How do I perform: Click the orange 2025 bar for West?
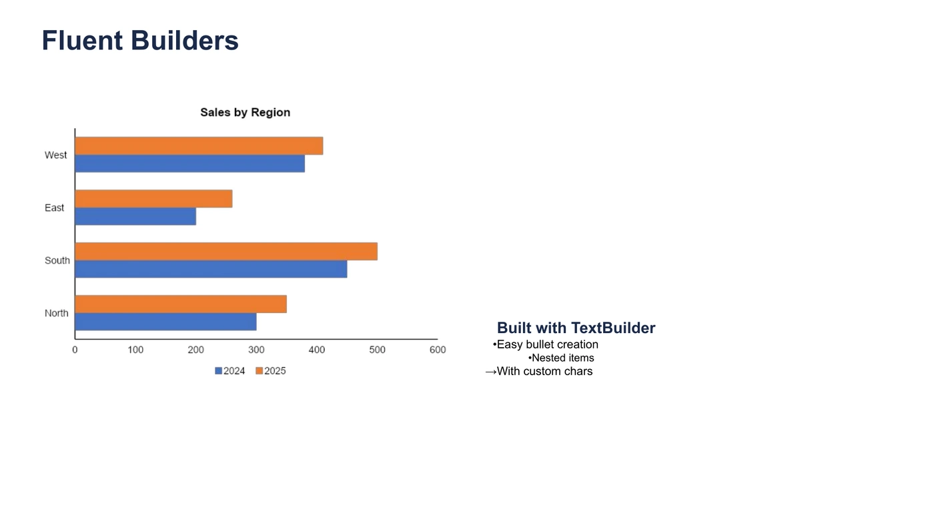tap(199, 146)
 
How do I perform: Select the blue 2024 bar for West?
tap(190, 164)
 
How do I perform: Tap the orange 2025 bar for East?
tap(154, 199)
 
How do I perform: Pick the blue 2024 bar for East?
tap(136, 216)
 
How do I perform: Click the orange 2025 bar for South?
tap(226, 252)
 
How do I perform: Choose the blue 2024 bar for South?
tap(211, 269)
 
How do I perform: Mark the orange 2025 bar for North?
tap(181, 304)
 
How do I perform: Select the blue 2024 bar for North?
tap(166, 322)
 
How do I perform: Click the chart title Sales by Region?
tap(246, 112)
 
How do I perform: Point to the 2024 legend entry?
tap(229, 371)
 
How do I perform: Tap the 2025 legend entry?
tap(271, 371)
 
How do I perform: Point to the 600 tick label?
tap(438, 350)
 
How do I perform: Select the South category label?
tap(57, 260)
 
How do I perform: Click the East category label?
tap(54, 208)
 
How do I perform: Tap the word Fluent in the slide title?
tap(82, 41)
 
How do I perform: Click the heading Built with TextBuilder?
tap(576, 328)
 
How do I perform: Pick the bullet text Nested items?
tap(563, 358)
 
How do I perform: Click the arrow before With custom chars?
tap(491, 372)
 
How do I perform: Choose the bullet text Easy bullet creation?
tap(548, 344)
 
